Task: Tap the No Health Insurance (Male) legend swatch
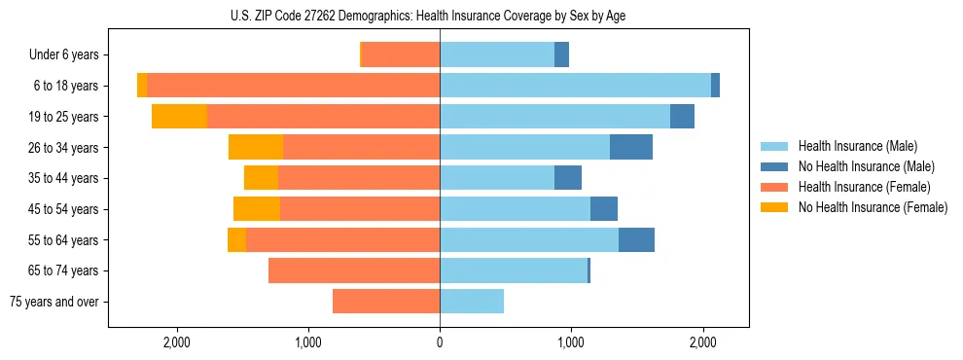coord(776,166)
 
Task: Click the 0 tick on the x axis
coord(440,342)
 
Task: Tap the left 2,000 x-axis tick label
coord(176,342)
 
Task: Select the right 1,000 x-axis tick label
coord(571,342)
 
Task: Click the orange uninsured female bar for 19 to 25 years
coord(180,117)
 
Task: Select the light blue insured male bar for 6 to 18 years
coord(575,86)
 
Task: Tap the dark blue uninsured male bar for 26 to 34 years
coord(631,147)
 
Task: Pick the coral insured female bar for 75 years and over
coord(386,302)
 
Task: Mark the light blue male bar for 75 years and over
coord(472,302)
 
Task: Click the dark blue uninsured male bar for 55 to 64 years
coord(636,239)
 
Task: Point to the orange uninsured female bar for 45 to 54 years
coord(257,209)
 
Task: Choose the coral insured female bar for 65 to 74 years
coord(354,270)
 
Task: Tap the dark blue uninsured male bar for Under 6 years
coord(561,54)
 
